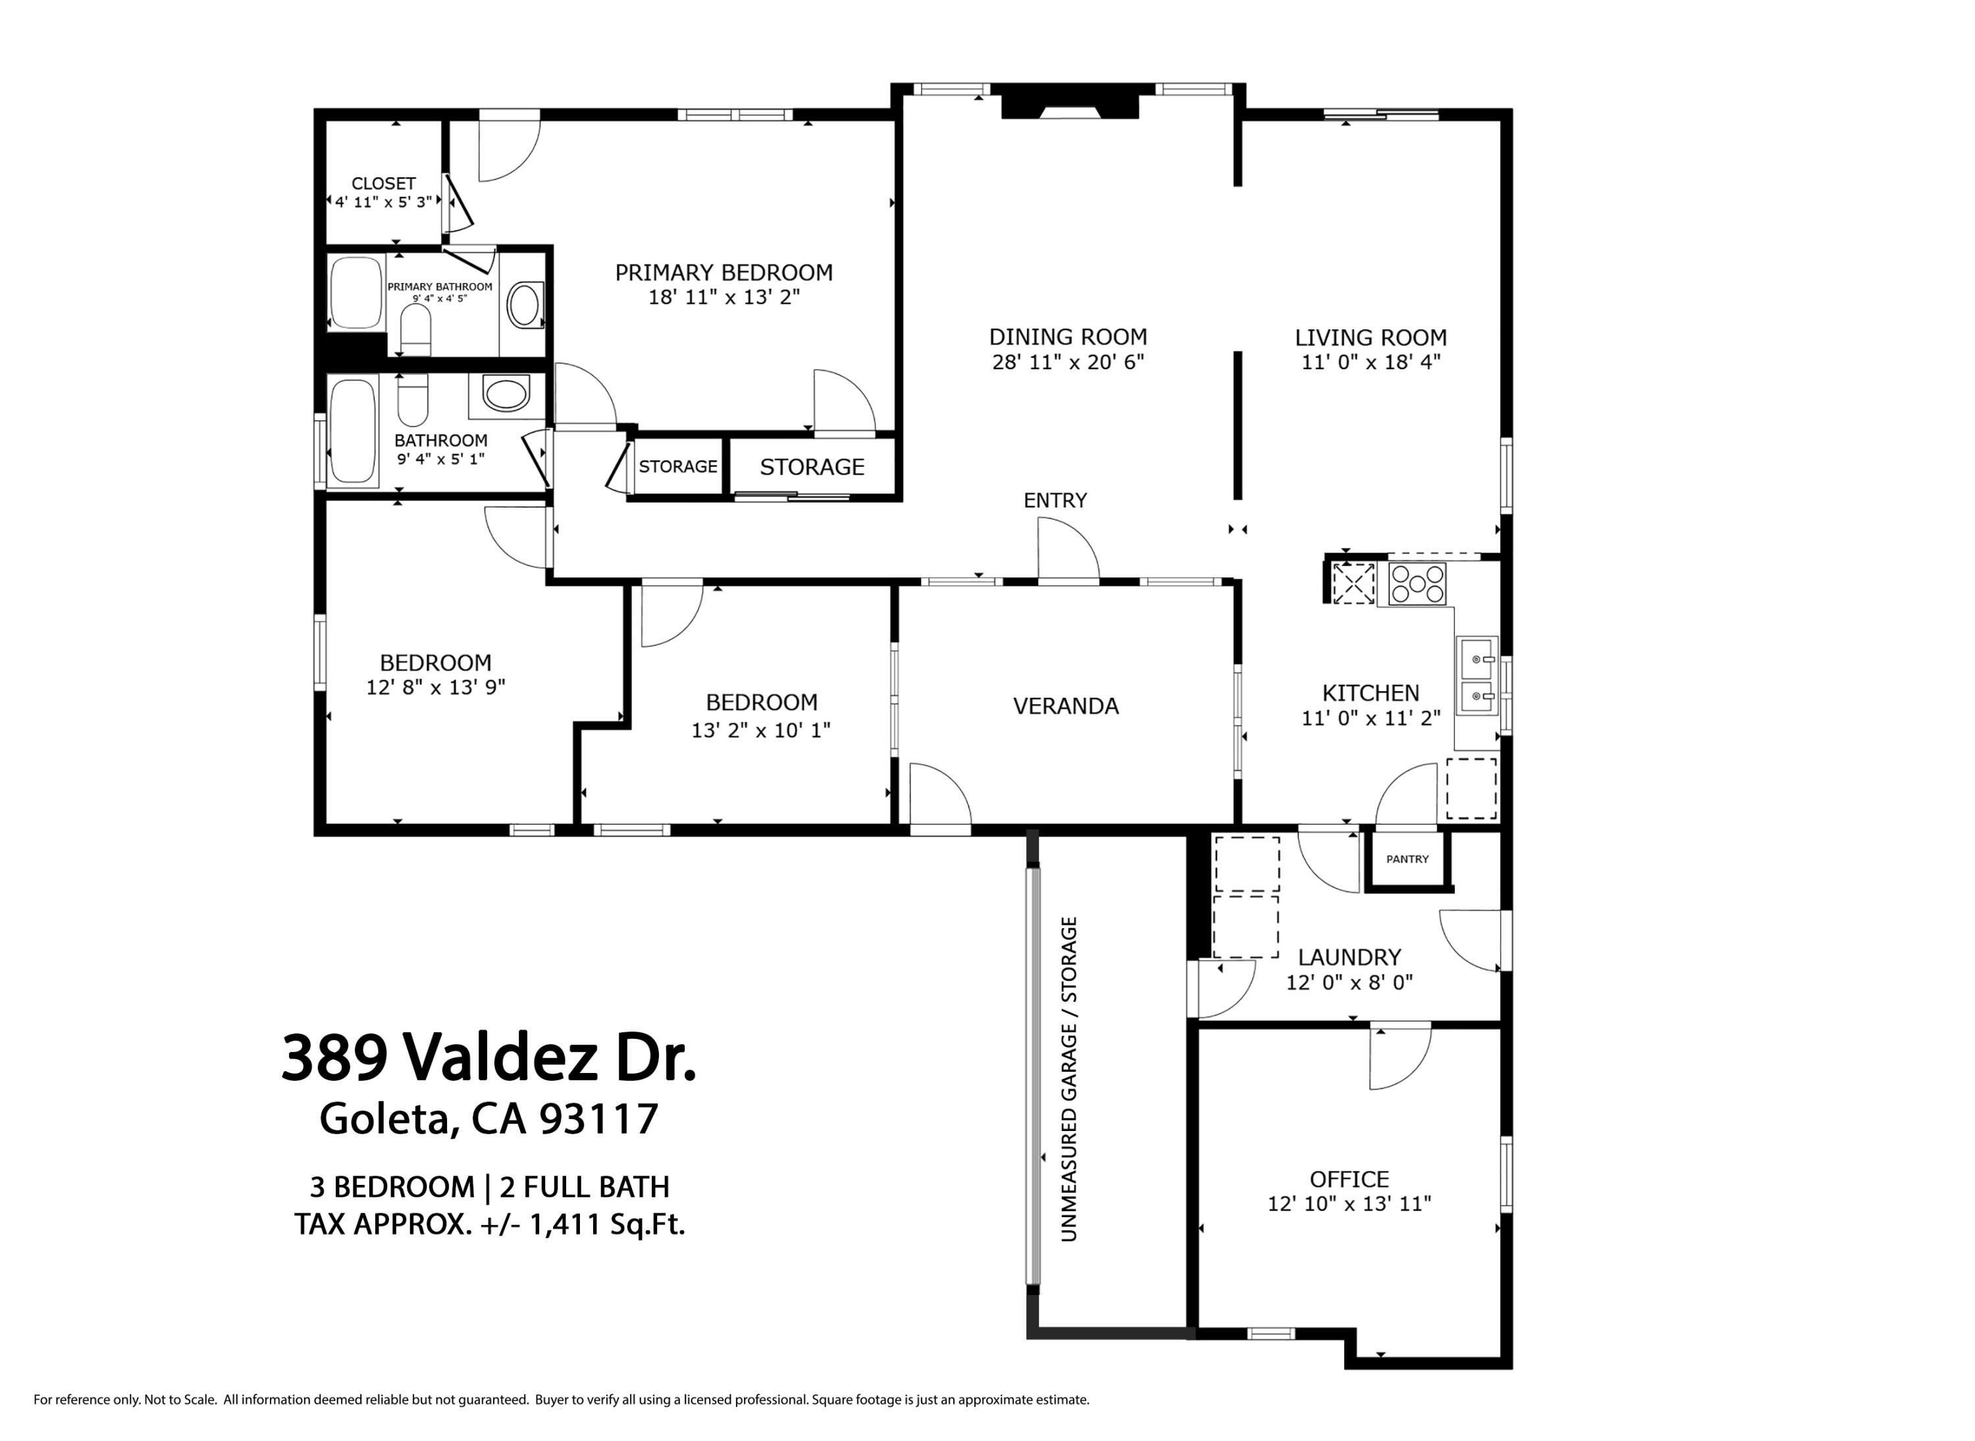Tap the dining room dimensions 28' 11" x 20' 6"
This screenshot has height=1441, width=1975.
pyautogui.click(x=1068, y=362)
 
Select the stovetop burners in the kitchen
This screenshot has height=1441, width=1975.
pyautogui.click(x=1417, y=583)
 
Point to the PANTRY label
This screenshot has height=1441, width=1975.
pyautogui.click(x=1407, y=859)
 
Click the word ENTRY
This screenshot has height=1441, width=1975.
pyautogui.click(x=1055, y=501)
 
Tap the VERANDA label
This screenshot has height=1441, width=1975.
pyautogui.click(x=1065, y=706)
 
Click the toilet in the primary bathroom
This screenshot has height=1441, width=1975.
pyautogui.click(x=415, y=330)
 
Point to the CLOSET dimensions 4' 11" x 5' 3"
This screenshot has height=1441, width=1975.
pyautogui.click(x=384, y=202)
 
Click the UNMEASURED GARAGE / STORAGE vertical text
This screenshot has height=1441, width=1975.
pyautogui.click(x=1068, y=1079)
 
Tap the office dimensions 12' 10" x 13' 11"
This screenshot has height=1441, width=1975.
pyautogui.click(x=1349, y=1204)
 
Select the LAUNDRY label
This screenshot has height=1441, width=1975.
pyautogui.click(x=1349, y=957)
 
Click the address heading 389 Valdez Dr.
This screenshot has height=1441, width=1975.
pyautogui.click(x=488, y=1058)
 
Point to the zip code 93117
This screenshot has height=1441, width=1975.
pyautogui.click(x=598, y=1119)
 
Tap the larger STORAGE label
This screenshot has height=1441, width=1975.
pyautogui.click(x=811, y=467)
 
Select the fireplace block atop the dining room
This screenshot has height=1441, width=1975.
pyautogui.click(x=1070, y=102)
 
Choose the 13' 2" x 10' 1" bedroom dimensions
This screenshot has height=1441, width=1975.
pyautogui.click(x=760, y=730)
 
